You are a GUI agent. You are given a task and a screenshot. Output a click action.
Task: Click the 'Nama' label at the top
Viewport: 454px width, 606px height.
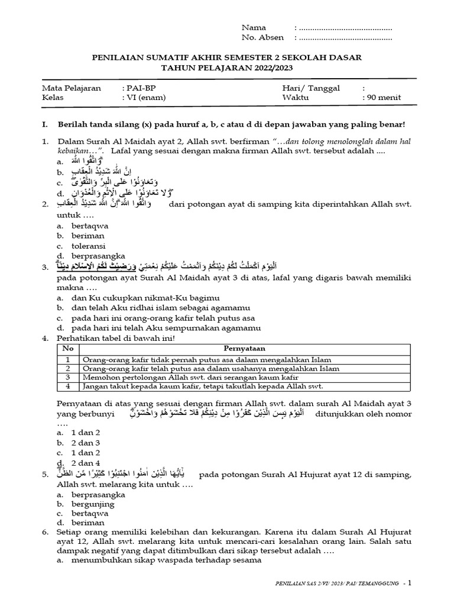pyautogui.click(x=254, y=28)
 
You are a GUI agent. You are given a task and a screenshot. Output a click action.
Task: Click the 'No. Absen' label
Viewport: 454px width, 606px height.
pyautogui.click(x=262, y=38)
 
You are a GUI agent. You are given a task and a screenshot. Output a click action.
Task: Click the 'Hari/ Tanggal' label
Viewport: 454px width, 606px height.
pyautogui.click(x=311, y=88)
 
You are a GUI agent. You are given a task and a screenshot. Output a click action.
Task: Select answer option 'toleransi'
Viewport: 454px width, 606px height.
pyautogui.click(x=89, y=246)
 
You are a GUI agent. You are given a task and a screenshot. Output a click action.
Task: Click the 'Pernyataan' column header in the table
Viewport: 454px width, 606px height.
pyautogui.click(x=242, y=349)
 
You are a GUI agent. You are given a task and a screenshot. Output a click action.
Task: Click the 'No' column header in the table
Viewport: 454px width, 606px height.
pyautogui.click(x=68, y=349)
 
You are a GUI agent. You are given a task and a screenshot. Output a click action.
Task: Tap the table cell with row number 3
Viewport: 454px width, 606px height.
pyautogui.click(x=68, y=377)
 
